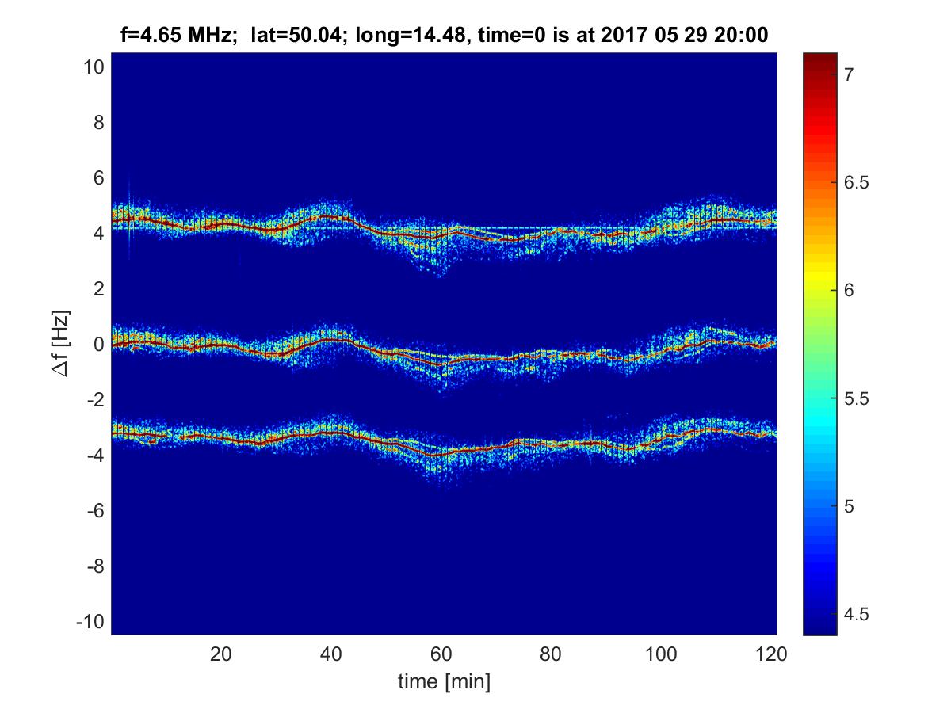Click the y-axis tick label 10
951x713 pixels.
94,67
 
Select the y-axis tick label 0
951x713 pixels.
98,345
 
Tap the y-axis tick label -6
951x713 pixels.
95,511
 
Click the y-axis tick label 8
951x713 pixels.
98,123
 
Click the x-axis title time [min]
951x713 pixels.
444,681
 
